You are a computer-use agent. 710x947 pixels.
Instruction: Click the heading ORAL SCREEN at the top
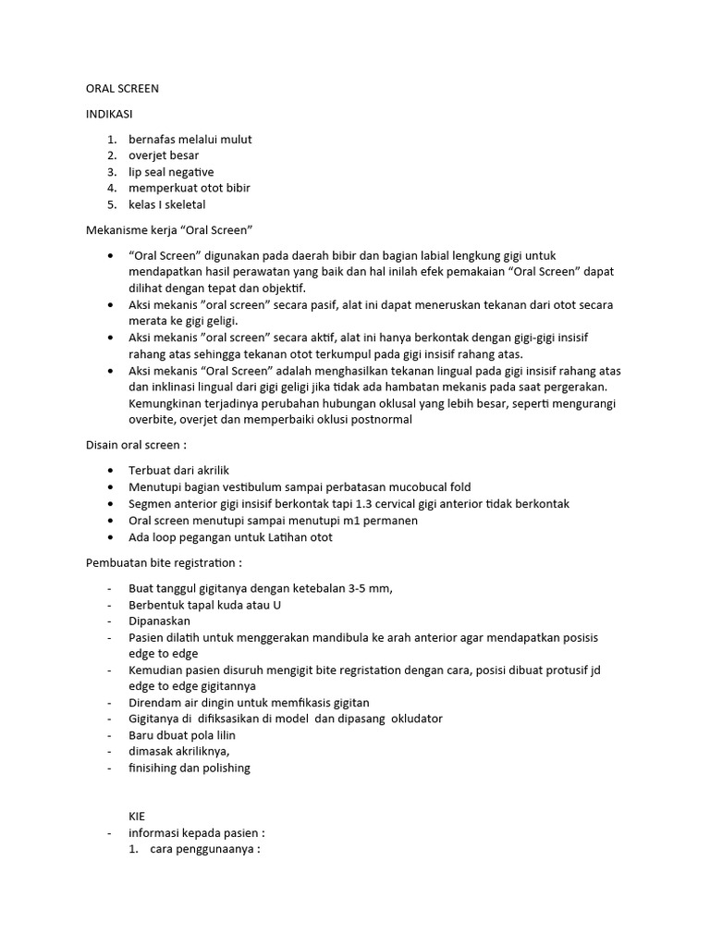(x=122, y=89)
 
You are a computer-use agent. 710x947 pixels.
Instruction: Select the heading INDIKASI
(x=109, y=114)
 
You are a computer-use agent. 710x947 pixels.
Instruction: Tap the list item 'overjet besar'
(x=164, y=155)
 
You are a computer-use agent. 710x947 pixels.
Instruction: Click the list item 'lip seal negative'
(x=171, y=172)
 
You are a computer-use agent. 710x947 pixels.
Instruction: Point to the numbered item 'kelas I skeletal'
(x=167, y=204)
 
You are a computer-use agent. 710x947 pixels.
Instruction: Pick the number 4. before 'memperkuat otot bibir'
(x=112, y=188)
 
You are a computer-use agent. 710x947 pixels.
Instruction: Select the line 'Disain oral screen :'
(x=136, y=445)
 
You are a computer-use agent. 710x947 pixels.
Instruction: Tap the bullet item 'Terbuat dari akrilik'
(x=178, y=471)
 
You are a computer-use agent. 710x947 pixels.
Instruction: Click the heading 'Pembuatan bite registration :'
(x=164, y=562)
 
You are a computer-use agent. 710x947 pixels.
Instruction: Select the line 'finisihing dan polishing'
(x=190, y=768)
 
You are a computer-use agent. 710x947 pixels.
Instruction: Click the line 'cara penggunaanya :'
(x=205, y=850)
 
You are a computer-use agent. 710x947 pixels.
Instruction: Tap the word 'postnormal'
(x=381, y=420)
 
